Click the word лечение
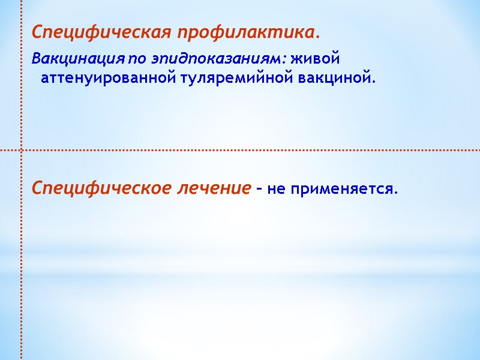(x=214, y=188)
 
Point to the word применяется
(x=341, y=190)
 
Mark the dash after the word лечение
(x=259, y=190)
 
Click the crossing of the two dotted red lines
(x=22, y=149)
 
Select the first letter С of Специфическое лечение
(x=37, y=188)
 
